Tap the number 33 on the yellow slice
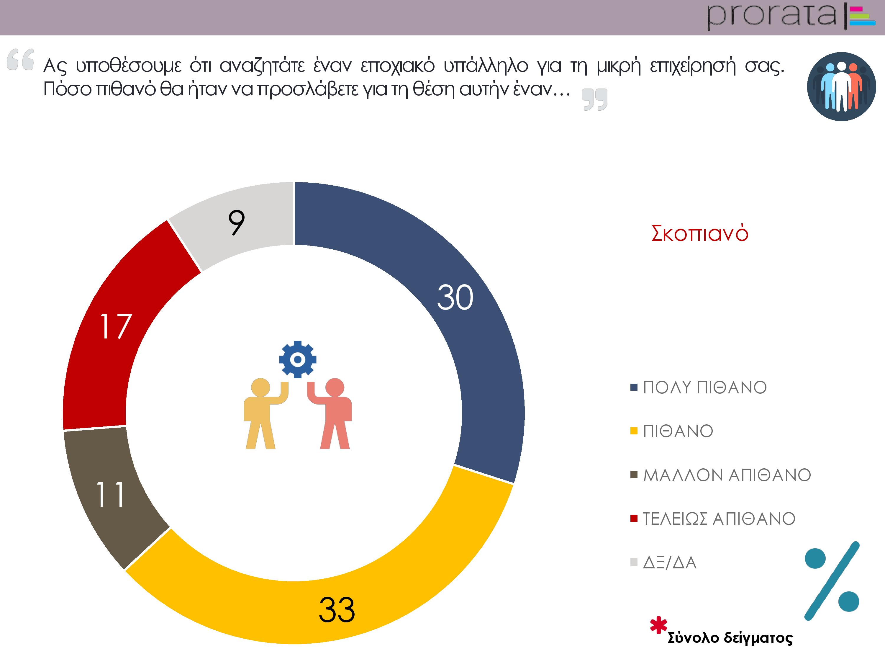pos(337,610)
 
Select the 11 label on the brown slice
pos(110,494)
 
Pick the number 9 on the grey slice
pos(237,223)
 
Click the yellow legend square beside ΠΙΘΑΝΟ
pos(634,431)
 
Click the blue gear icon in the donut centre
pos(297,359)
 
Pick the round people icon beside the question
pos(841,86)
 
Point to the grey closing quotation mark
pos(594,99)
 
